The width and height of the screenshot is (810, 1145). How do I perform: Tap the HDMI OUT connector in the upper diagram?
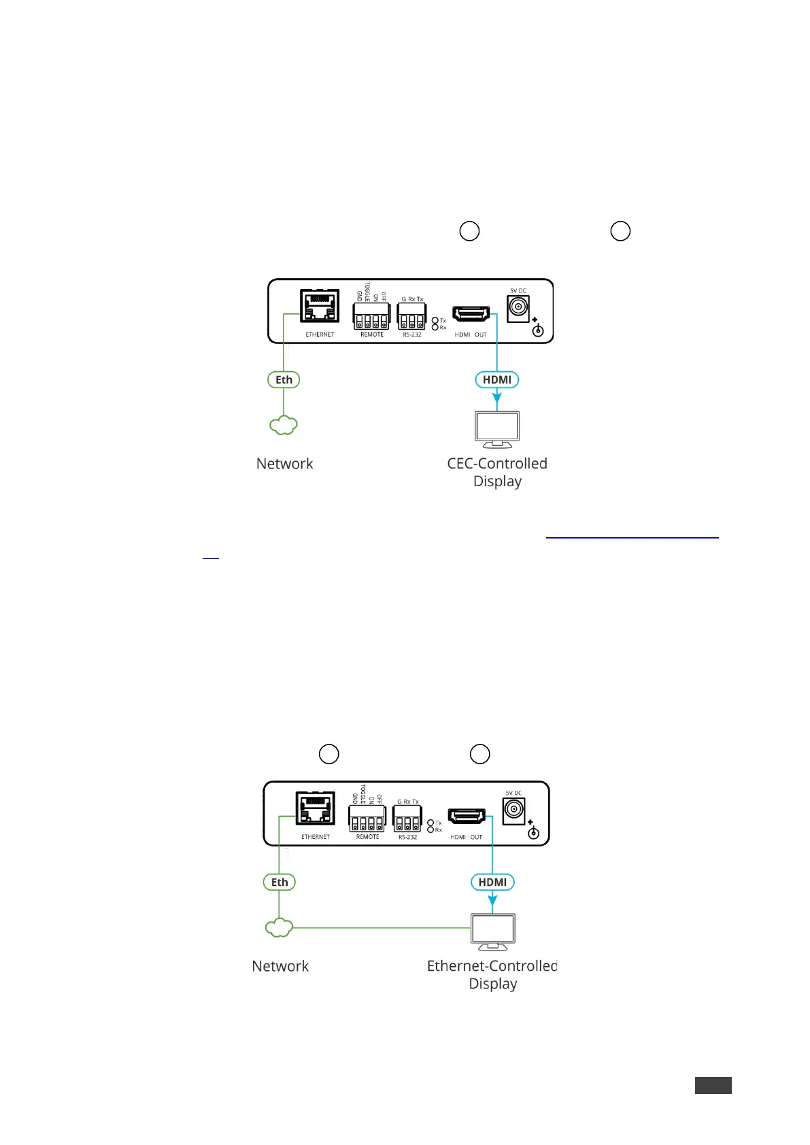(471, 314)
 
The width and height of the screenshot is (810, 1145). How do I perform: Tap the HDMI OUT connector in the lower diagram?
(467, 817)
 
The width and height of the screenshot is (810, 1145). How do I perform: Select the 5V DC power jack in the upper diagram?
(518, 307)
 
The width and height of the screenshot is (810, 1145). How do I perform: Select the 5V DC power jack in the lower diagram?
(513, 810)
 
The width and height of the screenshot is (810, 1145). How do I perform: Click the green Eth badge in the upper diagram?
(284, 380)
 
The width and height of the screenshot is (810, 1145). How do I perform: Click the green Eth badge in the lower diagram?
(280, 883)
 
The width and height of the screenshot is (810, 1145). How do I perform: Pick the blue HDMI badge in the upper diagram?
(496, 380)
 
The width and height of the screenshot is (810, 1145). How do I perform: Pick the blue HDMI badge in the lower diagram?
(492, 883)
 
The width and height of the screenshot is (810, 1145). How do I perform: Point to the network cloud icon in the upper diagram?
(284, 426)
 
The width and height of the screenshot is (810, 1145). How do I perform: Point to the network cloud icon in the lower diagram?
(279, 927)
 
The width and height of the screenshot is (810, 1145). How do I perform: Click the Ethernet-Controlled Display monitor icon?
(493, 932)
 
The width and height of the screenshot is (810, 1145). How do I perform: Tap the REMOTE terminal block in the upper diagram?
(371, 316)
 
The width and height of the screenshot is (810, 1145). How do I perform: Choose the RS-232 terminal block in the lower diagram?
(407, 819)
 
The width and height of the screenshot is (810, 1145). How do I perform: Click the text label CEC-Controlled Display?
(497, 472)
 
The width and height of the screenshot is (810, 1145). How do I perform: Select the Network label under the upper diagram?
(284, 464)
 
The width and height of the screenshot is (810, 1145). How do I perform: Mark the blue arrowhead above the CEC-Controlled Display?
(497, 396)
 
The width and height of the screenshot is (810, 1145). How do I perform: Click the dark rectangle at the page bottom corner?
(713, 1085)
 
